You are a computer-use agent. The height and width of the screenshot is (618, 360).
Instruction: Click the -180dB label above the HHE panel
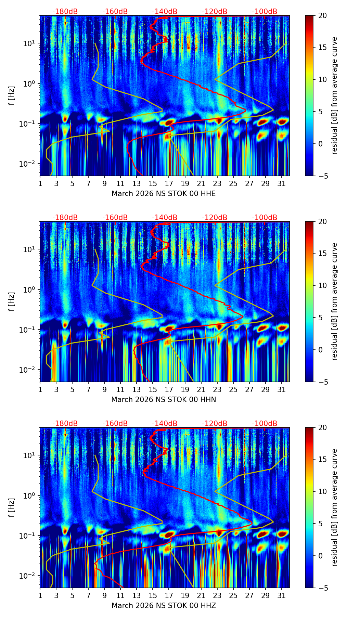pos(65,12)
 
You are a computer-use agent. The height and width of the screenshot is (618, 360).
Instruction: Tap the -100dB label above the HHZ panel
pos(265,424)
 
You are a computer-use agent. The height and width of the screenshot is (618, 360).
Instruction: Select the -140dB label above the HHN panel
pos(165,218)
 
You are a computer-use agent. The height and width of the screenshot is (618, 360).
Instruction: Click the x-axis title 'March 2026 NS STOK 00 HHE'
pos(164,194)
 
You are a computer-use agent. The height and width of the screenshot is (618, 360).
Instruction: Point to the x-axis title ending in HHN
pos(164,400)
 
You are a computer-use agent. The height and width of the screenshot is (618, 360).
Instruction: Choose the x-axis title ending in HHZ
pos(164,606)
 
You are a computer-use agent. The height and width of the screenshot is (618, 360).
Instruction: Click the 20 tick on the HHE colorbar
pos(322,15)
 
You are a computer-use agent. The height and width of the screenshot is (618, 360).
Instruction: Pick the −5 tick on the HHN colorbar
pos(321,382)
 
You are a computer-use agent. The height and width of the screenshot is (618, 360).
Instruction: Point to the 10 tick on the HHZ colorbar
pos(322,492)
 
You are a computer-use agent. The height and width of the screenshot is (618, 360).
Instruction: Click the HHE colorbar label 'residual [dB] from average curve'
pos(335,95)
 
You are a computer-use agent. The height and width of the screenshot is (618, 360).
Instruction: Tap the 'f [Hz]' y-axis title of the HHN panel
pos(12,301)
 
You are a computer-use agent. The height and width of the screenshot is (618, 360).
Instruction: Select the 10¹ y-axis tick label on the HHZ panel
pos(30,455)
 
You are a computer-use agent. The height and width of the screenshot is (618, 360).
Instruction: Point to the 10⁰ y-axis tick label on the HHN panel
pos(30,289)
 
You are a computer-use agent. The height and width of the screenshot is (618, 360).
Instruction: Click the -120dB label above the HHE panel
pos(215,12)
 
